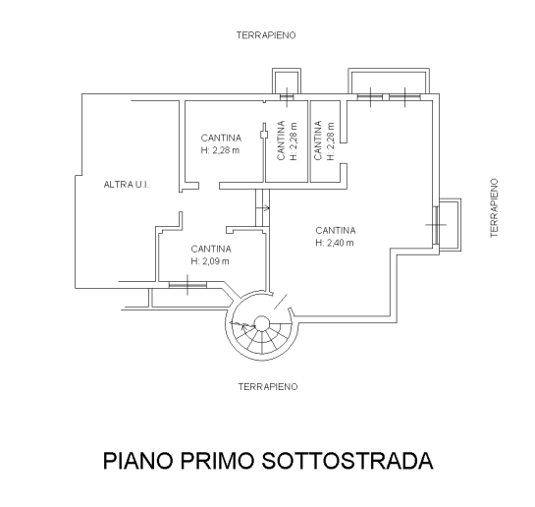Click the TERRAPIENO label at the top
[x=266, y=35]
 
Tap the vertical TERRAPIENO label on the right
[x=494, y=207]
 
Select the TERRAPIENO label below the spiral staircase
[x=268, y=387]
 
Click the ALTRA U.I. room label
[x=127, y=185]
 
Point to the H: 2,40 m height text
[x=335, y=243]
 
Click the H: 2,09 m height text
[x=210, y=261]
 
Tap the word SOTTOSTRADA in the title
[x=348, y=461]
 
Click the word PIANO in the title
[x=138, y=461]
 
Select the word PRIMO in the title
[x=217, y=461]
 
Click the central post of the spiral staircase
[x=262, y=323]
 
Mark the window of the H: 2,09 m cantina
[x=187, y=284]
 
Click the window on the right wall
[x=436, y=225]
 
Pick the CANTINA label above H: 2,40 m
[x=336, y=231]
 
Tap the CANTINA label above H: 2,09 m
[x=211, y=249]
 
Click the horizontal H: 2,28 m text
[x=220, y=150]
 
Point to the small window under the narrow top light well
[x=287, y=97]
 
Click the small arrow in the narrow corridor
[x=265, y=207]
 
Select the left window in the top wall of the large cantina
[x=370, y=97]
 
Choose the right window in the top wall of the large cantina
[x=404, y=97]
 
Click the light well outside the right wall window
[x=450, y=225]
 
